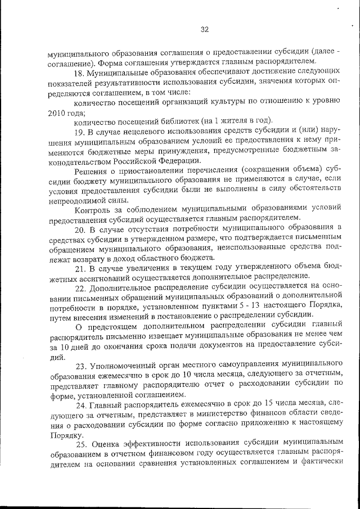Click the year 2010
point(58,112)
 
